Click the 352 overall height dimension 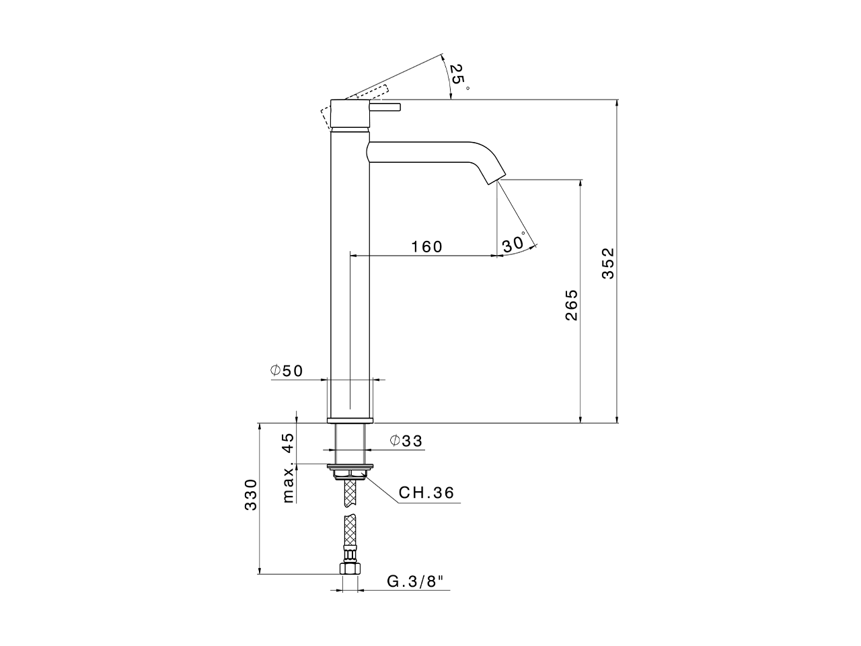[x=607, y=263]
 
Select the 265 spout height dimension [x=571, y=304]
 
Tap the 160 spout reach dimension [x=427, y=247]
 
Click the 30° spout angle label [x=513, y=243]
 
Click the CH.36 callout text [x=426, y=493]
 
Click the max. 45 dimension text [x=288, y=468]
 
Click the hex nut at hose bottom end [x=349, y=569]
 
